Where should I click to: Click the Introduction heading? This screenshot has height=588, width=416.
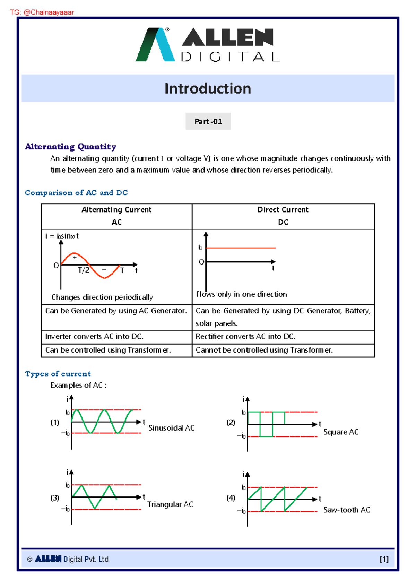tap(208, 88)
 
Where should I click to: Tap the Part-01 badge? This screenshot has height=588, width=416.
tap(208, 121)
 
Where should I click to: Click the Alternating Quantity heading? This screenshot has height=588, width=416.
tap(70, 147)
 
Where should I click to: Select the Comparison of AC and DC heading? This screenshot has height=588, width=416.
tap(76, 193)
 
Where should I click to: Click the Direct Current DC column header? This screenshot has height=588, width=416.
tap(283, 216)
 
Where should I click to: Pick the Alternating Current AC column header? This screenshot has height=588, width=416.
tap(116, 216)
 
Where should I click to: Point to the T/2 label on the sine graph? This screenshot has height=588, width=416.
tap(84, 270)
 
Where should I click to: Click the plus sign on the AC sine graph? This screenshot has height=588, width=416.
tap(75, 257)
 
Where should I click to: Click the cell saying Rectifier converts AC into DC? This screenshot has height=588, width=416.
tap(245, 337)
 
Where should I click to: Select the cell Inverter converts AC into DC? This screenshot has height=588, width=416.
tap(94, 337)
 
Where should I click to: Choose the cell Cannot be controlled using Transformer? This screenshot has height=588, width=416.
tap(264, 350)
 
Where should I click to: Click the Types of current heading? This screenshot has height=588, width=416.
tap(58, 374)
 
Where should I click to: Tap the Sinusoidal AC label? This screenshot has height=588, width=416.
tap(171, 428)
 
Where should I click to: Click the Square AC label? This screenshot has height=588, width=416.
tap(341, 432)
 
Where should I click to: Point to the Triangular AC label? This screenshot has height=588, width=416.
tap(170, 504)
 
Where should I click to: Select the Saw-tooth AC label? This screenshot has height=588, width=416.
tap(347, 510)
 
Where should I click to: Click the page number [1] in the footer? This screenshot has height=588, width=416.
tap(384, 559)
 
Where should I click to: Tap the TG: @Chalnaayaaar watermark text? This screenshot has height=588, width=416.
tap(42, 12)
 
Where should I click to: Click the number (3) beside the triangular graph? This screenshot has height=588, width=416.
tap(55, 498)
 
